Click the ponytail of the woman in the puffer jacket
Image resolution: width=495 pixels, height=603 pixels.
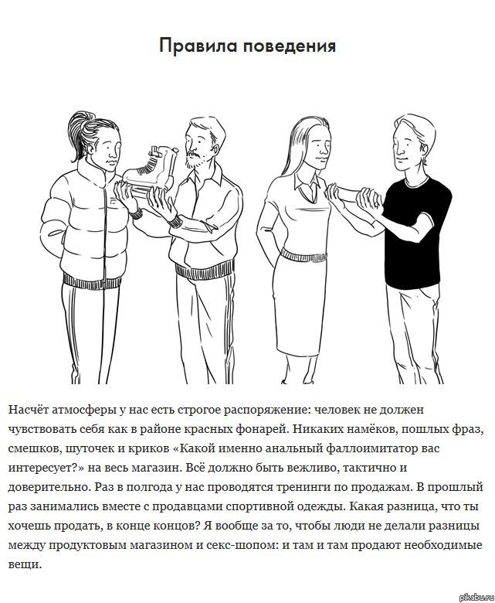tap(80, 133)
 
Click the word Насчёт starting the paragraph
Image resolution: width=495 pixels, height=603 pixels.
tap(28, 410)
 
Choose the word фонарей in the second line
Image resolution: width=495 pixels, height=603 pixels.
tap(259, 429)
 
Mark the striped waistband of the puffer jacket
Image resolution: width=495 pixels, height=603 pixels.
tap(92, 282)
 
